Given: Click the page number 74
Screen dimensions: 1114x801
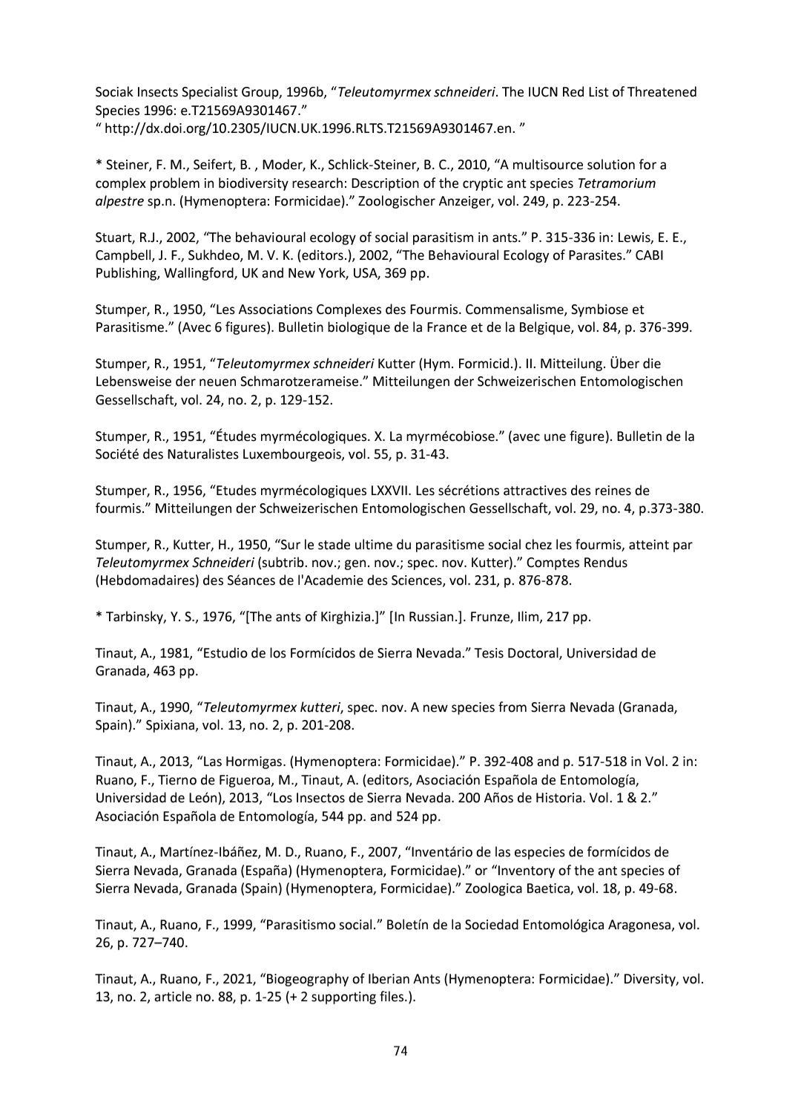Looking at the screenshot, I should coord(400,1050).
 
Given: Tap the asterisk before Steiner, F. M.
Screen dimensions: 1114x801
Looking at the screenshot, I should coord(99,165).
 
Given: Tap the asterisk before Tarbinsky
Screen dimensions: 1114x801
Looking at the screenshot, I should coord(99,617).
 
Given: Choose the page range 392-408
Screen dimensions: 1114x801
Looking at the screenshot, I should coord(509,761).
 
